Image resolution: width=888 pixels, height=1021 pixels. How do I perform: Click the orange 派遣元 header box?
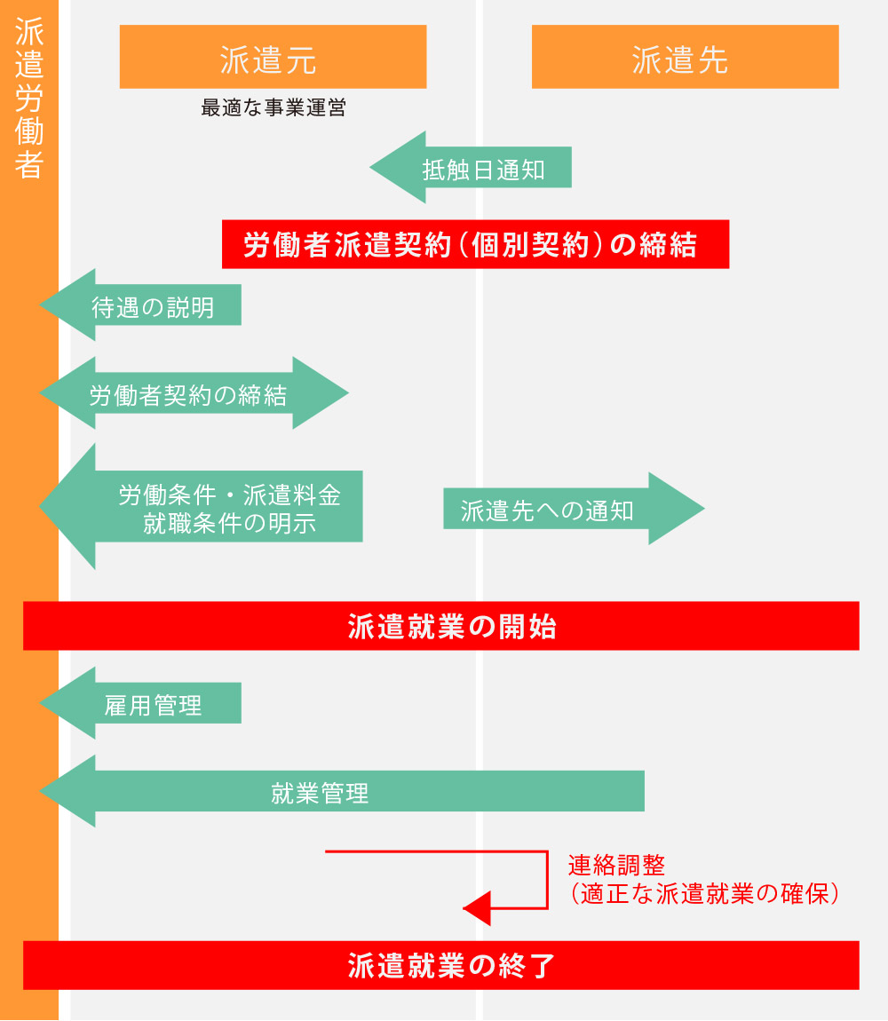tap(273, 57)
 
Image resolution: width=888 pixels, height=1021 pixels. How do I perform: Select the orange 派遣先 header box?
tap(685, 57)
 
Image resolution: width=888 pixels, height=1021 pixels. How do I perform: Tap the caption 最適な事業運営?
tap(274, 107)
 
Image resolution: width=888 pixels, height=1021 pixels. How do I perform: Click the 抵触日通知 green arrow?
tap(471, 167)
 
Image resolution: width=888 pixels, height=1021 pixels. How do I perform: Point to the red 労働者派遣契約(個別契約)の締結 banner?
tap(476, 244)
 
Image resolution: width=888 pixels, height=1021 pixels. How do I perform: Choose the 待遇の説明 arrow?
tap(140, 305)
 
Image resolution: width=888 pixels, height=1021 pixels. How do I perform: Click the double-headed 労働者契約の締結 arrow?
tap(194, 392)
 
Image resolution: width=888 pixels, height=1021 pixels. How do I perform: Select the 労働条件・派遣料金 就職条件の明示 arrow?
tap(201, 507)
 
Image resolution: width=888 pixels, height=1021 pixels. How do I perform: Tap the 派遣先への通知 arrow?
tap(574, 509)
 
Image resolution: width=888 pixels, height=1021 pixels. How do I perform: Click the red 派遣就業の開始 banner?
tap(441, 626)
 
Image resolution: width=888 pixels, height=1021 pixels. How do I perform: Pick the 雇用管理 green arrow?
tap(140, 702)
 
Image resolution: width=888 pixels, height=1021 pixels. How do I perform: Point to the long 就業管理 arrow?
tap(342, 791)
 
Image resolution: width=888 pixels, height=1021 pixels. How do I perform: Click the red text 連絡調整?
tap(616, 866)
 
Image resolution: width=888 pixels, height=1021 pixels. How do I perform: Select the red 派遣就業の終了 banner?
tap(441, 965)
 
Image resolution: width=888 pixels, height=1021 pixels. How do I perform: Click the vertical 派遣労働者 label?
tap(29, 98)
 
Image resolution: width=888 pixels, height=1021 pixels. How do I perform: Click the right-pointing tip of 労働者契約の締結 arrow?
tap(349, 392)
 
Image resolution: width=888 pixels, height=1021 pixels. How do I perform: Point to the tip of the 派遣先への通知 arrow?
tap(704, 509)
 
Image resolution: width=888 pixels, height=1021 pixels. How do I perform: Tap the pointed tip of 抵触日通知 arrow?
tap(370, 167)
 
